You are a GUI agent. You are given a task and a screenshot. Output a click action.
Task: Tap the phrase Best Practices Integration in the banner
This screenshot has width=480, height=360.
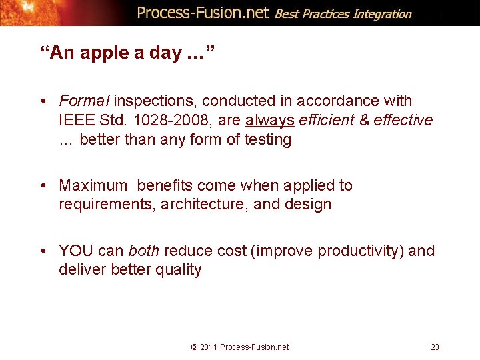[x=343, y=14]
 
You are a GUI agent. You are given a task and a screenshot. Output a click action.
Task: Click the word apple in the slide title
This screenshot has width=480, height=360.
[x=112, y=53]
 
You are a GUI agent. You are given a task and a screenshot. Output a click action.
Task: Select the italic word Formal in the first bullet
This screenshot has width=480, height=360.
[x=84, y=101]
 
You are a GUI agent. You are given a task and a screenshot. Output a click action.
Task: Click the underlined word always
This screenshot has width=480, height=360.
[x=270, y=121]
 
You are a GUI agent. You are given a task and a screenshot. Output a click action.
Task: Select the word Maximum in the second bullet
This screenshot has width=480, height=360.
[x=93, y=185]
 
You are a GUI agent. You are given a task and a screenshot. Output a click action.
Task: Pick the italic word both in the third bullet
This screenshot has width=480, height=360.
[x=143, y=251]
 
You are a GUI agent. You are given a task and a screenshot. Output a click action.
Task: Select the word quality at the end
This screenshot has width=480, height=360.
[x=178, y=270]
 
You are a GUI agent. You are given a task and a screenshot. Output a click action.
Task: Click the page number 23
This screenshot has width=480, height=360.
[x=435, y=347]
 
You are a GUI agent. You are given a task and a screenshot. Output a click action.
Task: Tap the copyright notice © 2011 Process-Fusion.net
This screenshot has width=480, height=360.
[x=240, y=347]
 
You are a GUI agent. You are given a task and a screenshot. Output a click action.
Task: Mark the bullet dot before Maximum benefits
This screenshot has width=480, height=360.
[x=43, y=186]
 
